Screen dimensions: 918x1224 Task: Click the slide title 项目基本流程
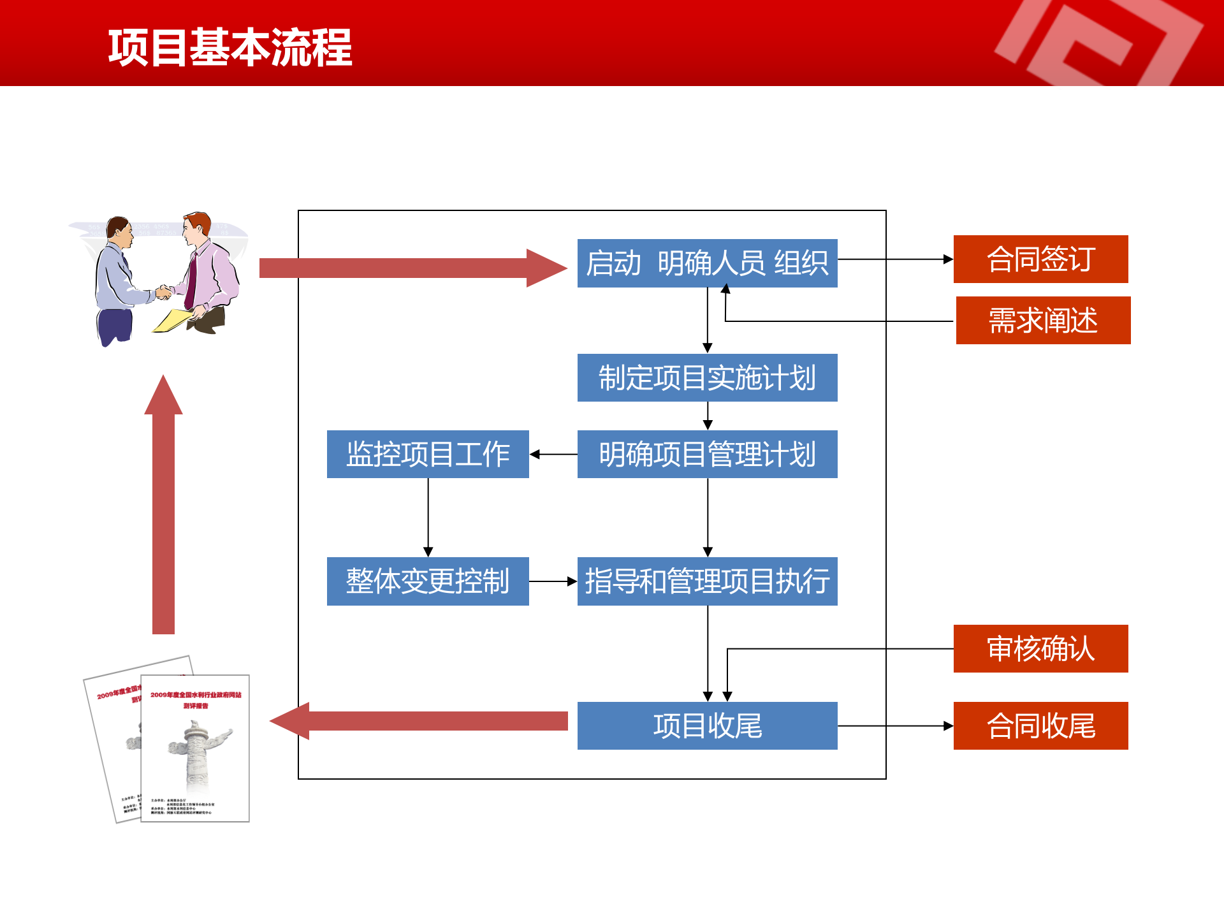click(229, 48)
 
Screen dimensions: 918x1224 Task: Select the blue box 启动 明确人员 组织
click(707, 263)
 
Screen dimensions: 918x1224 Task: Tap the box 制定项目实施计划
click(707, 377)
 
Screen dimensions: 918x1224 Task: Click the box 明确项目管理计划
click(707, 454)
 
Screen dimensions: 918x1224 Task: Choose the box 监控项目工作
click(428, 454)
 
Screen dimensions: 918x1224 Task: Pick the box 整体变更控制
click(428, 581)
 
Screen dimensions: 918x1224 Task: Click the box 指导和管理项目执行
click(707, 581)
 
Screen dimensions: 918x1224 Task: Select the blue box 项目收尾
click(707, 725)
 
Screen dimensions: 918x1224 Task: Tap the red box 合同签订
click(1040, 259)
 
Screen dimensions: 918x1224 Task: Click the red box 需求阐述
click(1043, 320)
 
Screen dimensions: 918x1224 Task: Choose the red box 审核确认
click(1040, 648)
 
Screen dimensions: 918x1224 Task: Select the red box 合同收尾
click(1040, 725)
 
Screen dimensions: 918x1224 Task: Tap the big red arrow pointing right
click(408, 268)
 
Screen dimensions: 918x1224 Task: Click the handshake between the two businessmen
click(164, 292)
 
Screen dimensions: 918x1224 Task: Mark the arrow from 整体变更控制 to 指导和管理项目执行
click(553, 581)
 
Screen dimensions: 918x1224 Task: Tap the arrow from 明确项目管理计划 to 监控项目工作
click(553, 455)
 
